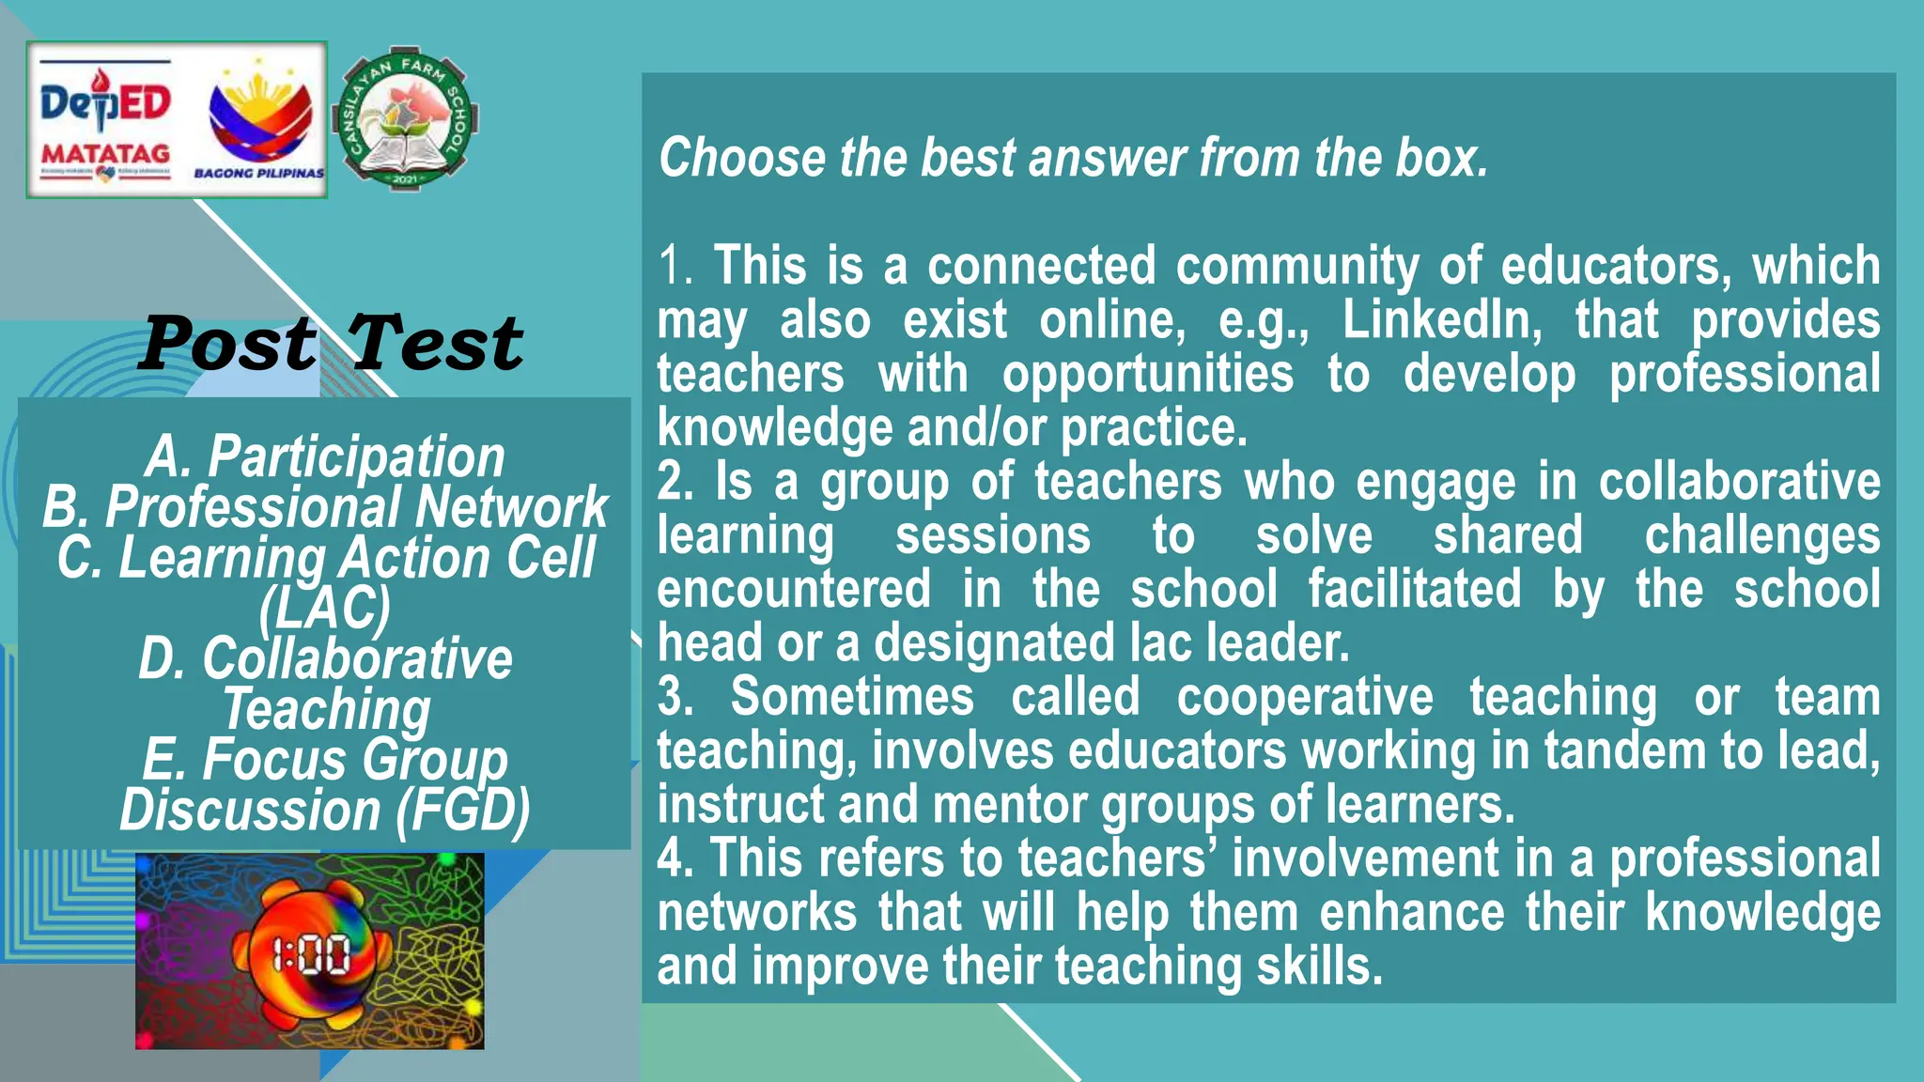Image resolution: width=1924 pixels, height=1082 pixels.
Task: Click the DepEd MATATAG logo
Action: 105,120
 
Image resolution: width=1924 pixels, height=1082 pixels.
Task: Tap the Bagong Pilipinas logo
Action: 259,120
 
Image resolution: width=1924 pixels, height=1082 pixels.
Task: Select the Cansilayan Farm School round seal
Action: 406,119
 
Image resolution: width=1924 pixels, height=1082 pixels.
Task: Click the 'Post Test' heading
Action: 331,344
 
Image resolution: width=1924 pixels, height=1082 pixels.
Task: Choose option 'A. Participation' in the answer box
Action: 325,456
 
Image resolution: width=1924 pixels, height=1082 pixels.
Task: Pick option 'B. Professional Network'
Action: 325,507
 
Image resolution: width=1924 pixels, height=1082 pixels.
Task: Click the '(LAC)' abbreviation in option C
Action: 324,608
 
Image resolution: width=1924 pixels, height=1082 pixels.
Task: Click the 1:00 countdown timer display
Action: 311,955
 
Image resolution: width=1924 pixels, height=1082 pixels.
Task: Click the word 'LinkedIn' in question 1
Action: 1441,320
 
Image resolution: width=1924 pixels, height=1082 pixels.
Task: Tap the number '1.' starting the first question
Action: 675,266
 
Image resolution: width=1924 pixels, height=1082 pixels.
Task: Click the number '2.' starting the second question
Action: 675,482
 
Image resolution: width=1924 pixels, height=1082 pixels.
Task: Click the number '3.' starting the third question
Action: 675,697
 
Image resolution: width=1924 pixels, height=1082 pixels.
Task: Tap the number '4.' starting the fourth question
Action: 675,858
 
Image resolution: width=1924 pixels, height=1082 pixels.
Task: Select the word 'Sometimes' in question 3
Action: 852,697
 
